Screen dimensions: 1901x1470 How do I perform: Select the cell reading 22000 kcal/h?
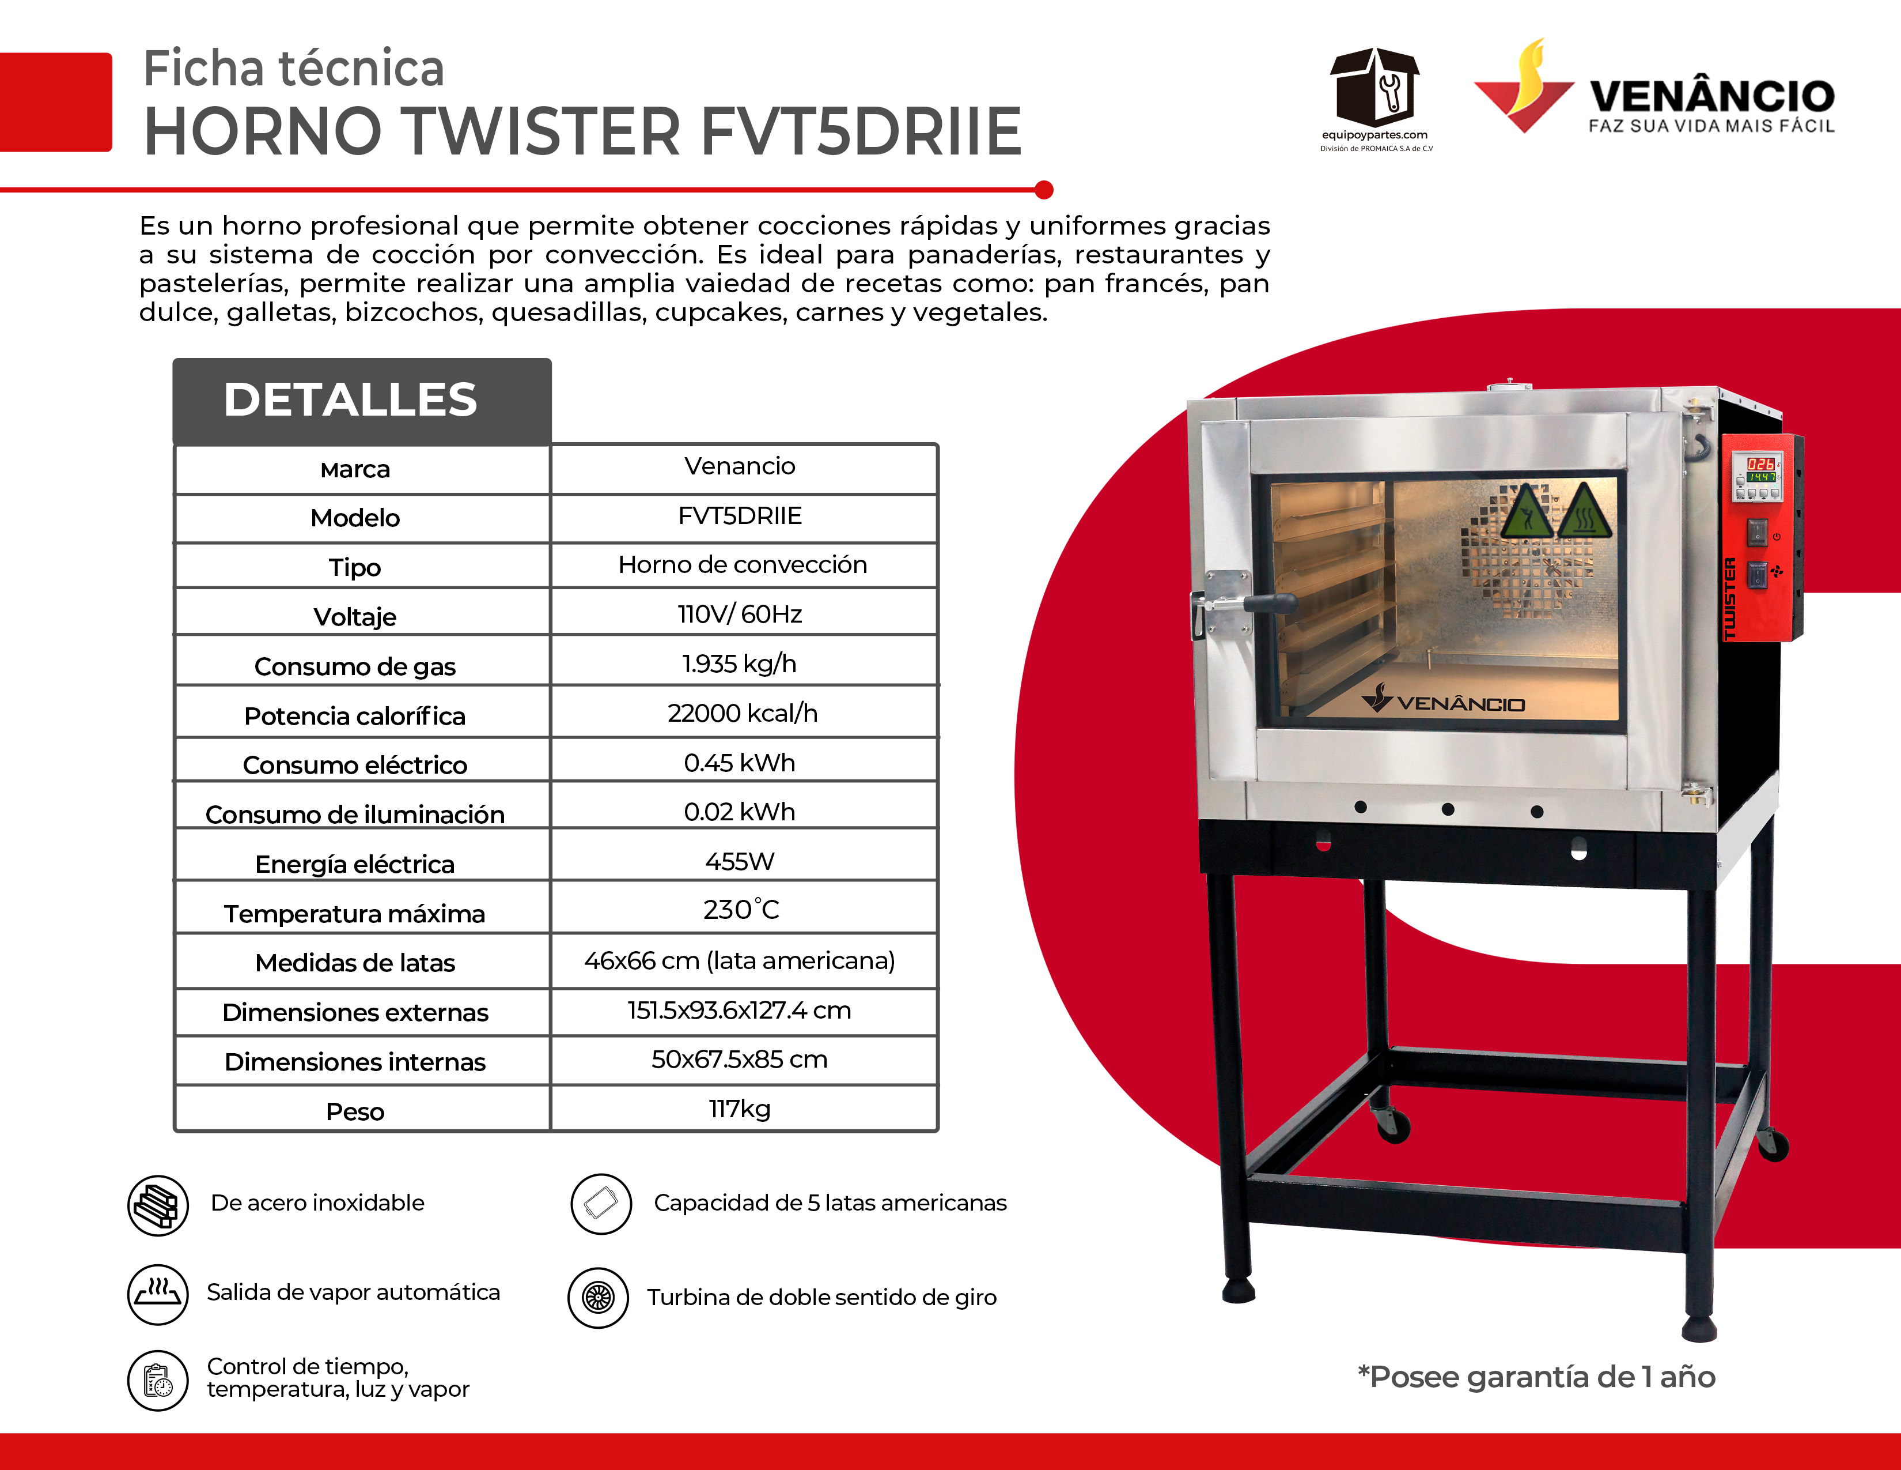[x=743, y=713]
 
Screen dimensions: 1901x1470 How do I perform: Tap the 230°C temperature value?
[x=741, y=909]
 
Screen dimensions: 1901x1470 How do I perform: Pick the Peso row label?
[x=355, y=1111]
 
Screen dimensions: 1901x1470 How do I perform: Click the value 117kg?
[x=739, y=1109]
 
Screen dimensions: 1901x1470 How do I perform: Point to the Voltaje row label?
[x=355, y=617]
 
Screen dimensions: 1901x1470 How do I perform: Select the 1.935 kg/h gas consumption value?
[x=739, y=664]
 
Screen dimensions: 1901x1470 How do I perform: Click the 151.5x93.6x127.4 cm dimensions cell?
[x=739, y=1010]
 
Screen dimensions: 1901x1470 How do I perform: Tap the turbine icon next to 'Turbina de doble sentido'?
[x=598, y=1298]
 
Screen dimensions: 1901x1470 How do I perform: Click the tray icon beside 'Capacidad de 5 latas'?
[x=601, y=1204]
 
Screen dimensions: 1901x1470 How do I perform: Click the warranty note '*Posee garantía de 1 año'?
[x=1536, y=1377]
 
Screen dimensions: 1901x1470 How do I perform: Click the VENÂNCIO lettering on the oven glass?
[x=1460, y=704]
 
